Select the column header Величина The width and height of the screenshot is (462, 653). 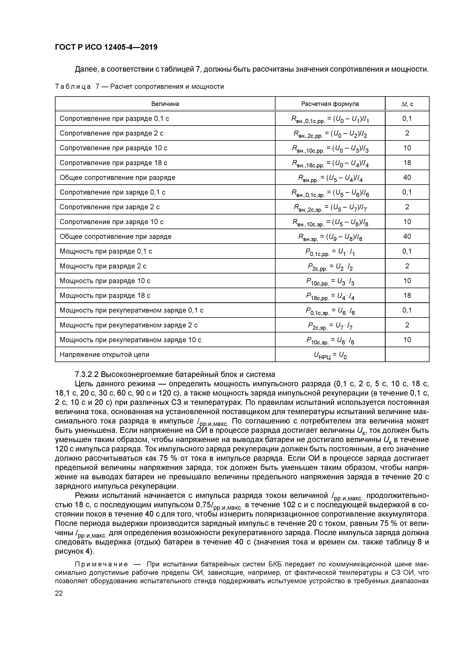pyautogui.click(x=165, y=104)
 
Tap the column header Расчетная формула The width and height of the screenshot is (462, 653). pyautogui.click(x=330, y=104)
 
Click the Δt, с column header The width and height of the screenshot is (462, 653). pyautogui.click(x=407, y=104)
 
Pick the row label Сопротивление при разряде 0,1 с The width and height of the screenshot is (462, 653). pyautogui.click(x=114, y=119)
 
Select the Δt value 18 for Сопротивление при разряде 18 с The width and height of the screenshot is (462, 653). pyautogui.click(x=407, y=163)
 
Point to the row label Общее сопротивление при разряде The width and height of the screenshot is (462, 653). pyautogui.click(x=117, y=177)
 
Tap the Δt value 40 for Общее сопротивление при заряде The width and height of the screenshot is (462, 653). pyautogui.click(x=407, y=236)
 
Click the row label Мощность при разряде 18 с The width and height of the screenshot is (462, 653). pyautogui.click(x=105, y=295)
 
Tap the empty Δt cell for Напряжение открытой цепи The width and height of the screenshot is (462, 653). pyautogui.click(x=407, y=354)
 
